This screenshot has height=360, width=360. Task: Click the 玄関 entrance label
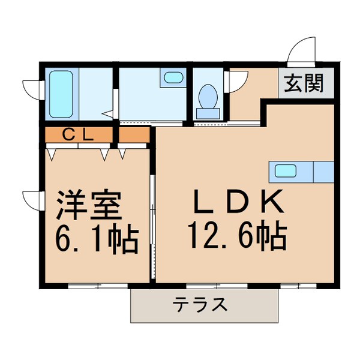click(303, 84)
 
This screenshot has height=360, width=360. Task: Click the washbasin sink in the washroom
click(173, 77)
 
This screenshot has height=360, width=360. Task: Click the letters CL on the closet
click(78, 135)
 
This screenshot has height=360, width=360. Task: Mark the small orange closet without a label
click(133, 135)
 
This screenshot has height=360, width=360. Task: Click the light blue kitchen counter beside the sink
click(323, 172)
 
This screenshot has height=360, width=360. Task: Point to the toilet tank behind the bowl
click(208, 112)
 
